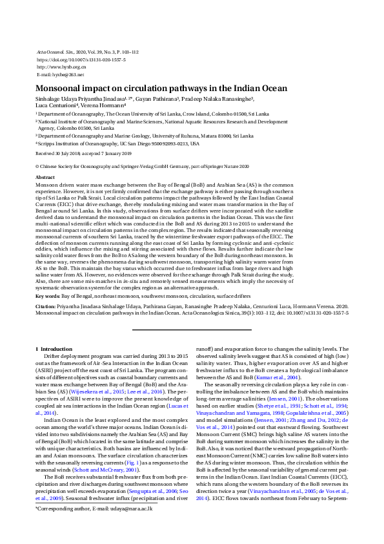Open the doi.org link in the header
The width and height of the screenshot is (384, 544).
tap(81, 59)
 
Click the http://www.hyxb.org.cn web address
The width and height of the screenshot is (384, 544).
tap(62, 67)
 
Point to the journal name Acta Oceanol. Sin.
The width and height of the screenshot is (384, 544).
tap(52, 51)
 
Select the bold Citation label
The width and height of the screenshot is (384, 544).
tap(46, 307)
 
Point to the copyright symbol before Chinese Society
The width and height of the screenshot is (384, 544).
tap(37, 166)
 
